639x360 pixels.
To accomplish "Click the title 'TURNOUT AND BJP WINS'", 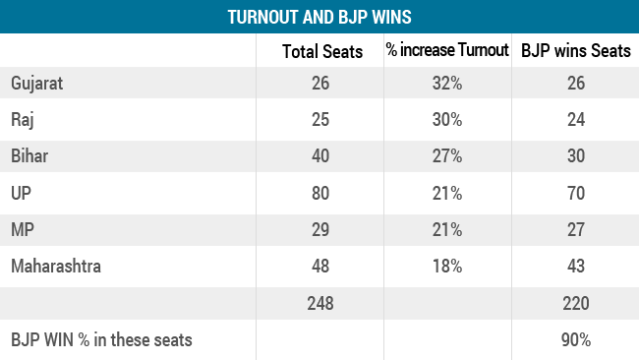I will point(319,17).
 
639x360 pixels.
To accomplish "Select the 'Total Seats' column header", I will point(319,51).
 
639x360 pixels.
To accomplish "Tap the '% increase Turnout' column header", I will point(448,51).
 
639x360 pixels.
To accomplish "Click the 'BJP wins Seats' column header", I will point(575,51).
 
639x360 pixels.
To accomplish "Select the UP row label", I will point(22,193).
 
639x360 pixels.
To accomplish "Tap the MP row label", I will point(23,229).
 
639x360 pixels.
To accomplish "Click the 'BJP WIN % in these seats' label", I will point(101,340).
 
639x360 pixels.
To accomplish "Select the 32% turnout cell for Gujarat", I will point(448,84).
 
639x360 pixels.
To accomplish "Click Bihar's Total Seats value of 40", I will point(319,156).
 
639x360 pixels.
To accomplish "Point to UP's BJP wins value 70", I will point(575,193).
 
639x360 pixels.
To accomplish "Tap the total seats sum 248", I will point(319,303).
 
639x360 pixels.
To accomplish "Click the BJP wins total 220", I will point(575,303).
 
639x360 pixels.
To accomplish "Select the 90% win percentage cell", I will point(575,340).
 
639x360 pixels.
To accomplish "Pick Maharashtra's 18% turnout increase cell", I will point(448,266).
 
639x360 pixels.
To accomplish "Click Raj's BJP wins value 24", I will point(575,120).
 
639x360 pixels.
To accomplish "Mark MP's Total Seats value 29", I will point(319,229).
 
